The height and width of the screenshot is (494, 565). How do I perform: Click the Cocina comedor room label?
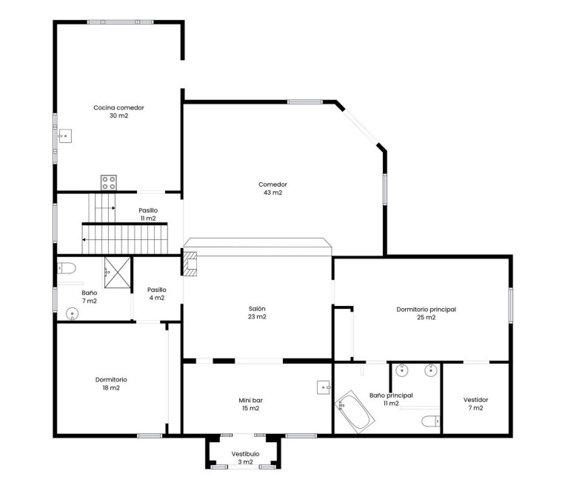(x=118, y=112)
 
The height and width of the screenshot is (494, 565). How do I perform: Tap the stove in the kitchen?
(x=110, y=182)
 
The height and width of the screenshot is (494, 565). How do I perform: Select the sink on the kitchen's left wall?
(x=66, y=136)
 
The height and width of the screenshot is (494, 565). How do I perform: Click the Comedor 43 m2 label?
(x=273, y=189)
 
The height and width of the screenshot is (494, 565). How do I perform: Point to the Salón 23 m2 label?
(x=258, y=313)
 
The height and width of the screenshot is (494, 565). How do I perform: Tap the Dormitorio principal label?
(x=421, y=313)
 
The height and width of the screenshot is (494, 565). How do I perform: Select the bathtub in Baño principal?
(x=353, y=413)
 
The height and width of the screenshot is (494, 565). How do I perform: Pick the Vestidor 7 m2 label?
(x=476, y=404)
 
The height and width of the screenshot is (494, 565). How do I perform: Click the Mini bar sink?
(x=324, y=387)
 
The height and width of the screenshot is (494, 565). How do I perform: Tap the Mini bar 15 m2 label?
(x=250, y=404)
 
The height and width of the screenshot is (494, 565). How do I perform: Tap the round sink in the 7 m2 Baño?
(x=72, y=314)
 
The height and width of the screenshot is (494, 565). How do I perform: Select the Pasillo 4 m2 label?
(x=156, y=294)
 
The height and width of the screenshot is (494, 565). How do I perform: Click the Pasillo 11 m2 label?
(x=148, y=214)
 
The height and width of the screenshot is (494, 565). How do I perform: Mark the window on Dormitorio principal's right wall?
(x=510, y=305)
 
